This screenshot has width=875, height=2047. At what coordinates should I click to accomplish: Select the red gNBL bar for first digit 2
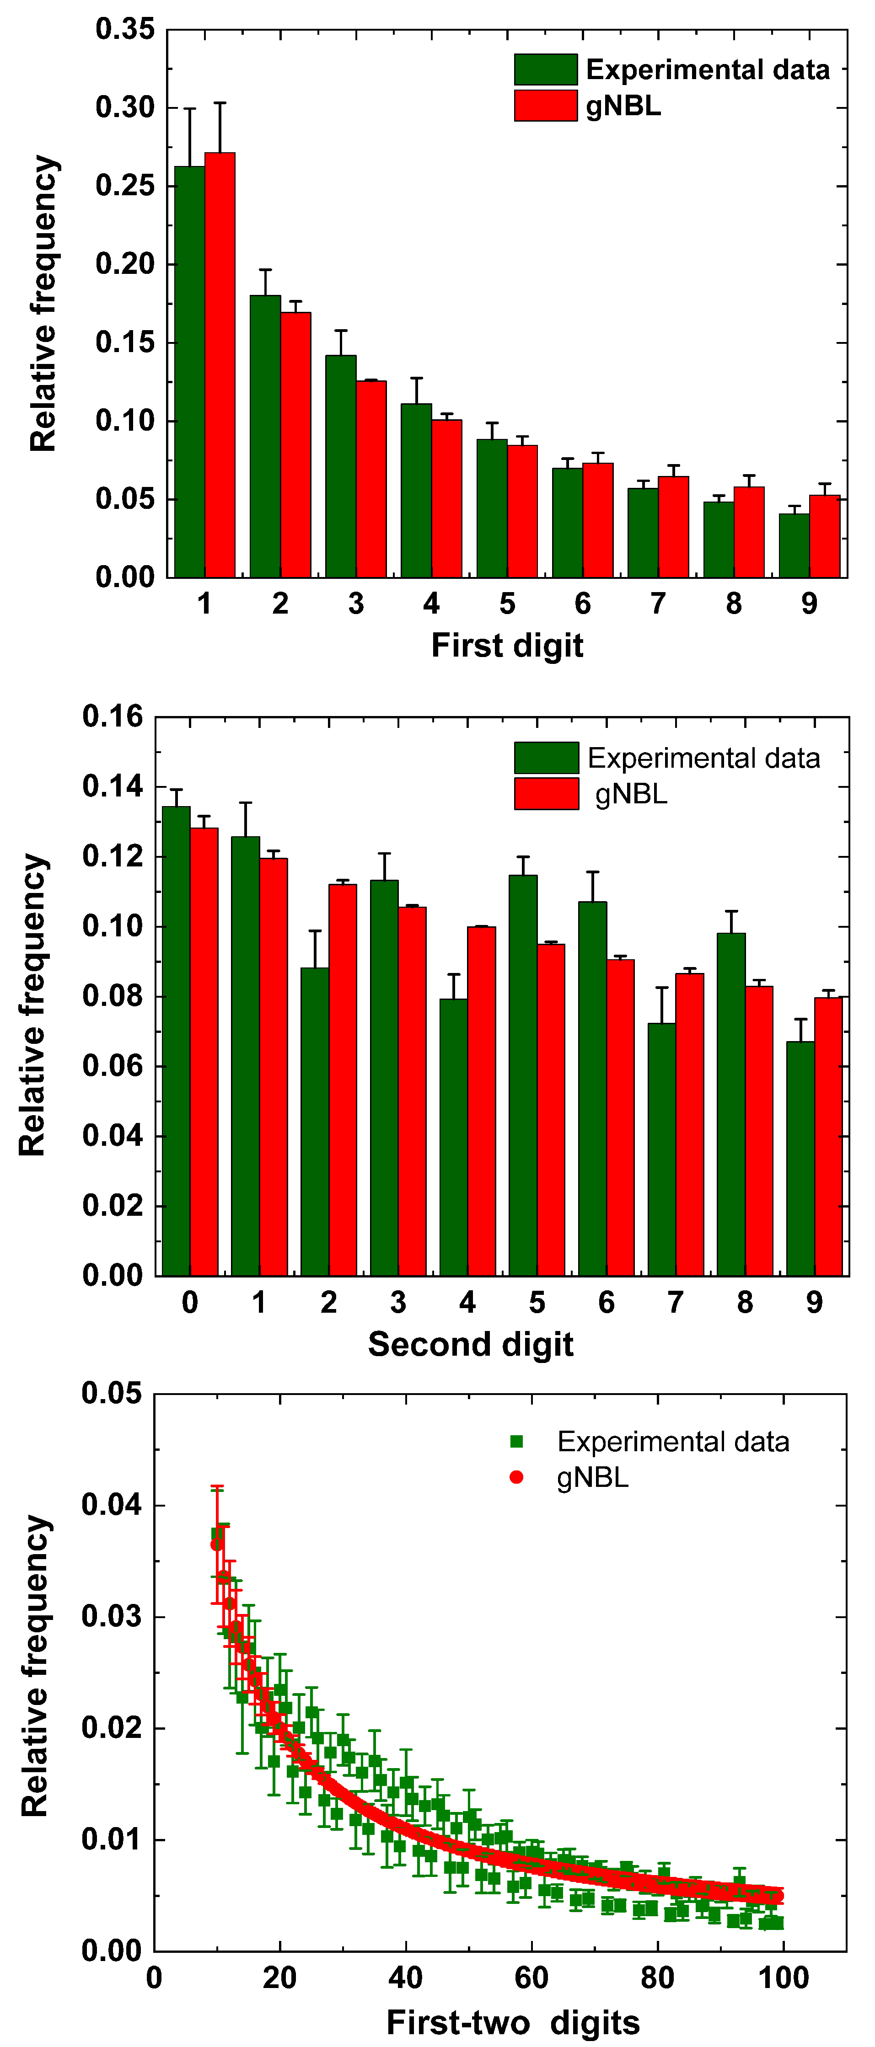click(295, 444)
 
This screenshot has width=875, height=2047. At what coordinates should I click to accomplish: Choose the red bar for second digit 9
click(828, 1136)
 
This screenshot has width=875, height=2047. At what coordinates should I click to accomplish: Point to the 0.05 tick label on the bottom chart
click(111, 1393)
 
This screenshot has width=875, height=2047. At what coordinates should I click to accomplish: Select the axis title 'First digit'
click(507, 645)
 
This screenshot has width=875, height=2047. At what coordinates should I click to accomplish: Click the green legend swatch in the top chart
click(545, 70)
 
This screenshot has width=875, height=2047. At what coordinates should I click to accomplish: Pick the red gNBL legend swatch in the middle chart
click(546, 794)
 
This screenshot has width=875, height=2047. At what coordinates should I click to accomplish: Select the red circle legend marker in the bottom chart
click(516, 1477)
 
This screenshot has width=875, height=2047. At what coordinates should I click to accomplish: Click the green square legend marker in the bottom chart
click(516, 1442)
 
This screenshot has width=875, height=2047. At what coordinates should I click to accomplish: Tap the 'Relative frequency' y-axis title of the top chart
click(44, 304)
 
